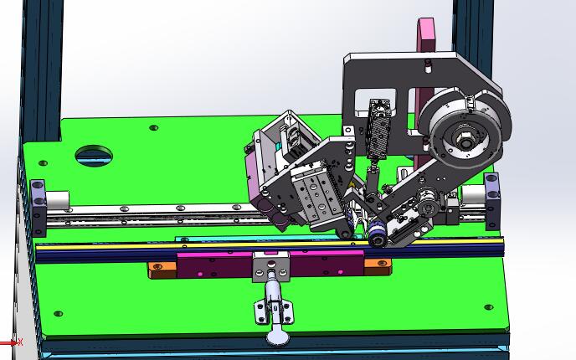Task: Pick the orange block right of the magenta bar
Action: point(378,266)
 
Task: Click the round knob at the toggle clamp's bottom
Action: point(277,337)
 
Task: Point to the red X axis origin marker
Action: point(18,342)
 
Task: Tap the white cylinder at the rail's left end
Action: point(56,200)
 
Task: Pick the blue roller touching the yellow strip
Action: point(377,239)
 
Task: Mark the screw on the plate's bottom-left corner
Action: point(58,314)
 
